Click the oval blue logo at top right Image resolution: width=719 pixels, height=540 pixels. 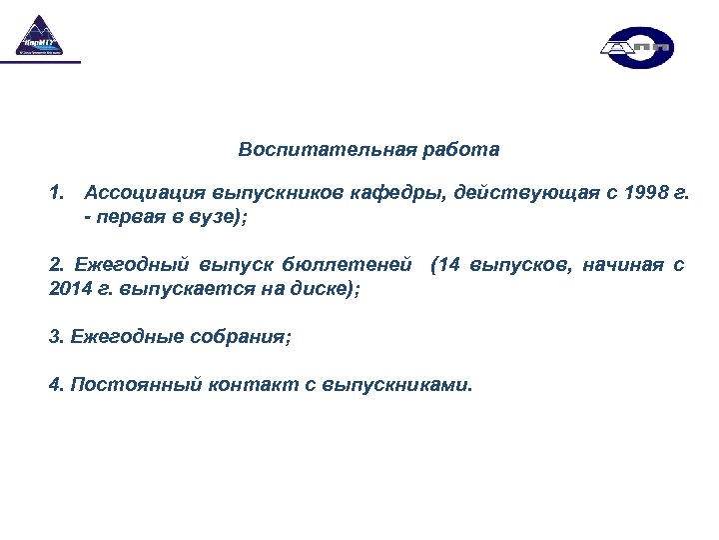tap(636, 47)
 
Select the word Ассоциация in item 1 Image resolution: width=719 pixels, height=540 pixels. tap(139, 192)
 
